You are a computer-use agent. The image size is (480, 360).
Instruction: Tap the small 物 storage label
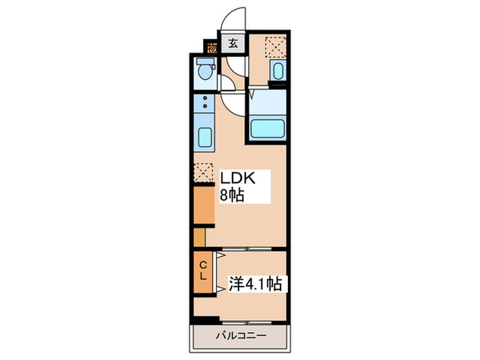tap(213, 48)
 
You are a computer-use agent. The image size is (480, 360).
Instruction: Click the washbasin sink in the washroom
tap(278, 71)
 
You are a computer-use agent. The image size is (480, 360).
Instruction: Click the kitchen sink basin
tap(204, 137)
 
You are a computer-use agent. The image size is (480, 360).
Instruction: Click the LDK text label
tap(237, 178)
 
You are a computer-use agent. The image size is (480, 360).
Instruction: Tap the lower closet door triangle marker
tap(221, 289)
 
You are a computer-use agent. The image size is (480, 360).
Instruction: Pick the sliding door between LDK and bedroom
tap(245, 248)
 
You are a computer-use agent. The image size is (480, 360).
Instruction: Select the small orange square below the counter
tap(199, 237)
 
